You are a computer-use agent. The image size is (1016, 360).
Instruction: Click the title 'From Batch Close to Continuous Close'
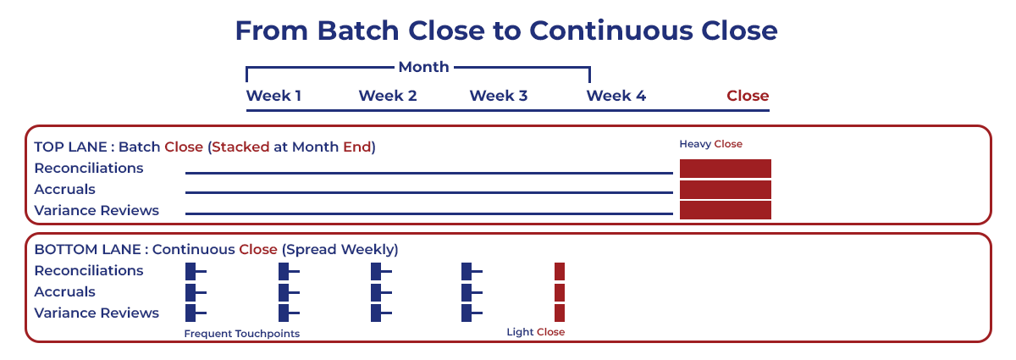(x=506, y=31)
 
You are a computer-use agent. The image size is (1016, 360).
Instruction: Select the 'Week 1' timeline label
(x=273, y=96)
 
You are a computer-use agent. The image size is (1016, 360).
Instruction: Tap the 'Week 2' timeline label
(x=388, y=96)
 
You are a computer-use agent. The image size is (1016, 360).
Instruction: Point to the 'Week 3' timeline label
(x=499, y=96)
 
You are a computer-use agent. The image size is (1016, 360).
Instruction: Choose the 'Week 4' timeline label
(x=616, y=96)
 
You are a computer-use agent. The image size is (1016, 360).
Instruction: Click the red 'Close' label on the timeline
(x=748, y=96)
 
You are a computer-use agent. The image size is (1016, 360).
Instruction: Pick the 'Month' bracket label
(x=423, y=67)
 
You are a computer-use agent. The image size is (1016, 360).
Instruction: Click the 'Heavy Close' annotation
(x=710, y=144)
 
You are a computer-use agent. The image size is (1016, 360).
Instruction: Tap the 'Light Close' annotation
(x=535, y=332)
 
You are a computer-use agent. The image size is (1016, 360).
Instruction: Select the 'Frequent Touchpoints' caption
(x=242, y=334)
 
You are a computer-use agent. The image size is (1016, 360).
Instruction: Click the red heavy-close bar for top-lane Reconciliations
(x=726, y=169)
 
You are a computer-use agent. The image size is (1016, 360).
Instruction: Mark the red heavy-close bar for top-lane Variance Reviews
(x=726, y=210)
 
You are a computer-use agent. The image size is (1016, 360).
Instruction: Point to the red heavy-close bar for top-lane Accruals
(x=726, y=190)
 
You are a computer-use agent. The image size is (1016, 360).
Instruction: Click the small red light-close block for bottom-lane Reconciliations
(x=560, y=271)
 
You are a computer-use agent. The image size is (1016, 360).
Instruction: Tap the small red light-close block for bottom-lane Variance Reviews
(x=560, y=313)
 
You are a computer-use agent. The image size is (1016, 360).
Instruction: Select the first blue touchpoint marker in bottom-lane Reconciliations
(x=191, y=271)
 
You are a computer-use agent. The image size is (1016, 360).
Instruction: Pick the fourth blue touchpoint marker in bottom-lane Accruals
(x=467, y=292)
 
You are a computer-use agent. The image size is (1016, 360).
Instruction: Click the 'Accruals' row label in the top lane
(x=64, y=189)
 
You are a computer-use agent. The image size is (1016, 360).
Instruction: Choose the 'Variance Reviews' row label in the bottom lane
(x=97, y=313)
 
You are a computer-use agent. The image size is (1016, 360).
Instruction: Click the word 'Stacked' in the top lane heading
(x=240, y=147)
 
